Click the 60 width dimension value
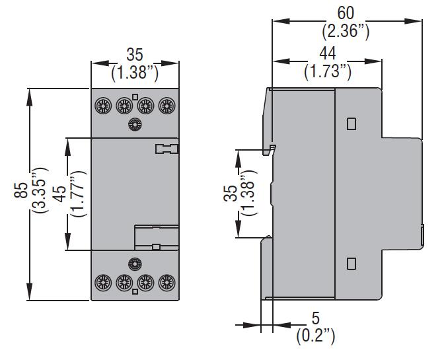[x=346, y=13]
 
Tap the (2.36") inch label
[x=346, y=31]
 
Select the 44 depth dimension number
[x=328, y=54]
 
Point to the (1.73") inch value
[x=328, y=71]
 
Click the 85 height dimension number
[x=21, y=190]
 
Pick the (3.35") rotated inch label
[x=40, y=190]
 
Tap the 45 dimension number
[x=59, y=194]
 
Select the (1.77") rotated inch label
[x=78, y=194]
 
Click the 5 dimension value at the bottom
[x=315, y=318]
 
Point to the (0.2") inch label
[x=315, y=336]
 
